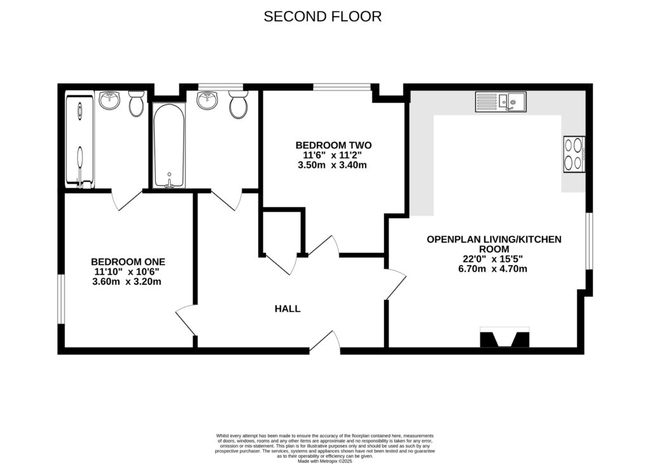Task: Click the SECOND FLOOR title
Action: point(322,17)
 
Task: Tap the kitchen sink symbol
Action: point(501,102)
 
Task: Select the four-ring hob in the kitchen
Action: point(573,154)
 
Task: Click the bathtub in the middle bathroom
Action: point(169,146)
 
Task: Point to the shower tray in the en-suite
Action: point(80,140)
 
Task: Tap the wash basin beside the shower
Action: point(110,100)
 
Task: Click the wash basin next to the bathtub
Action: point(208,100)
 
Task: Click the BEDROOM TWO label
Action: point(333,145)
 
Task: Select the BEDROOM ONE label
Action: point(128,261)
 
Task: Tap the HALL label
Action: point(288,309)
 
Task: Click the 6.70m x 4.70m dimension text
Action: point(494,269)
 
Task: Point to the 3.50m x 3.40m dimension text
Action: point(333,165)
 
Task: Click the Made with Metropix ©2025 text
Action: point(324,461)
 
